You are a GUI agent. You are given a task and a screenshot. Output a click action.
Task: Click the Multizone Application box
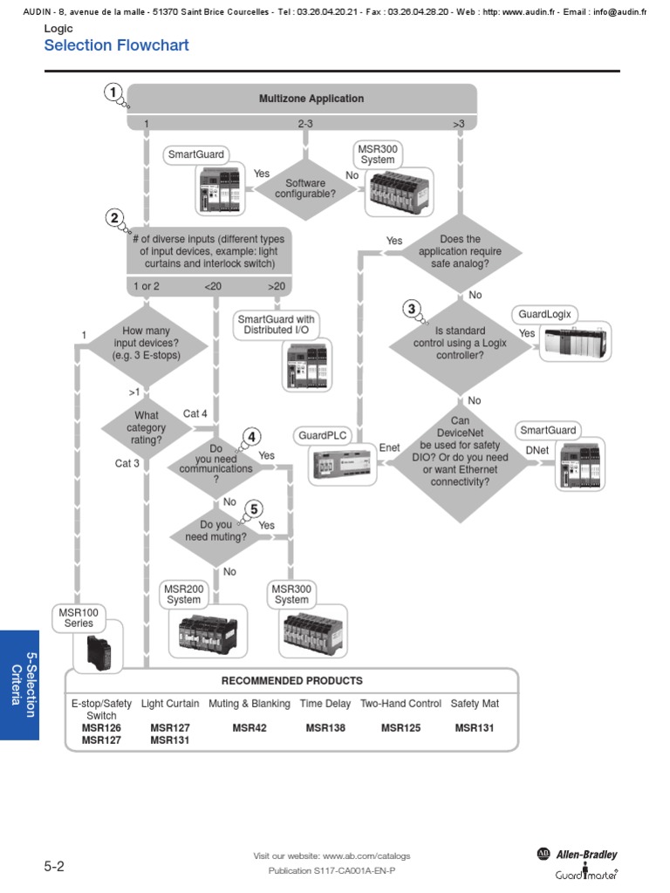pyautogui.click(x=311, y=99)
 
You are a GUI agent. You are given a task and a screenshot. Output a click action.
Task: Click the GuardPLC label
pyautogui.click(x=322, y=434)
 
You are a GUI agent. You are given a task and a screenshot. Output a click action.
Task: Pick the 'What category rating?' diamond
pyautogui.click(x=146, y=427)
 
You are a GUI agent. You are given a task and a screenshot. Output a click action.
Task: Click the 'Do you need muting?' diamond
pyautogui.click(x=215, y=531)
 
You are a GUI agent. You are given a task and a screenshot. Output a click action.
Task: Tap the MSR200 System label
pyautogui.click(x=184, y=594)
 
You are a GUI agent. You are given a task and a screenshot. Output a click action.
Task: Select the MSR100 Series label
pyautogui.click(x=79, y=617)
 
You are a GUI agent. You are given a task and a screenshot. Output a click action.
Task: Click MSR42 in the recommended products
pyautogui.click(x=250, y=727)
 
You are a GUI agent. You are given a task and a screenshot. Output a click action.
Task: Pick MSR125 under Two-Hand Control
pyautogui.click(x=400, y=727)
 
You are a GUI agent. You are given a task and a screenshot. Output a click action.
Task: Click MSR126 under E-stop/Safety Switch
pyautogui.click(x=101, y=727)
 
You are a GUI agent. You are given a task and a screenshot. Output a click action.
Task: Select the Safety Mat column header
pyautogui.click(x=475, y=703)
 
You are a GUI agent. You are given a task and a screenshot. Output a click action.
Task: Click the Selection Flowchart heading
pyautogui.click(x=116, y=45)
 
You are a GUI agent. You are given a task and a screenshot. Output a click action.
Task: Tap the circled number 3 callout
pyautogui.click(x=412, y=308)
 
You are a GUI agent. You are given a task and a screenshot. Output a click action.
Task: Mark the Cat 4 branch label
pyautogui.click(x=195, y=413)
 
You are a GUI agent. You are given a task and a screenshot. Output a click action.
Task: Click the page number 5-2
pyautogui.click(x=54, y=867)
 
